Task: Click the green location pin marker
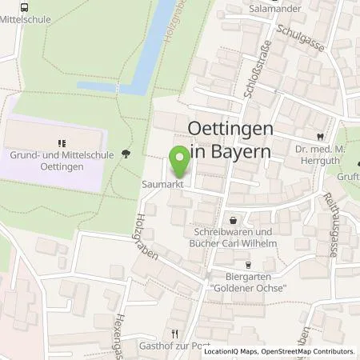click(181, 160)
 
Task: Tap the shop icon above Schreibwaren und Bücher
click(233, 219)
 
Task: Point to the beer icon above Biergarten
click(248, 266)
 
